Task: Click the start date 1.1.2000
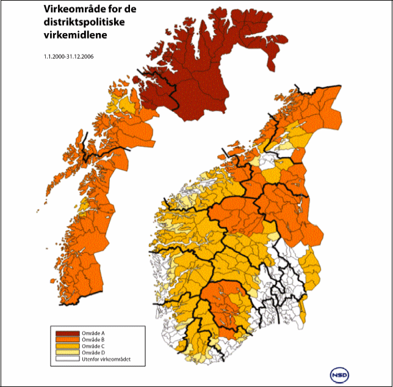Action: pos(54,57)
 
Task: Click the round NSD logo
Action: pos(339,373)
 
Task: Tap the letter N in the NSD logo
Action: pos(334,373)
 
